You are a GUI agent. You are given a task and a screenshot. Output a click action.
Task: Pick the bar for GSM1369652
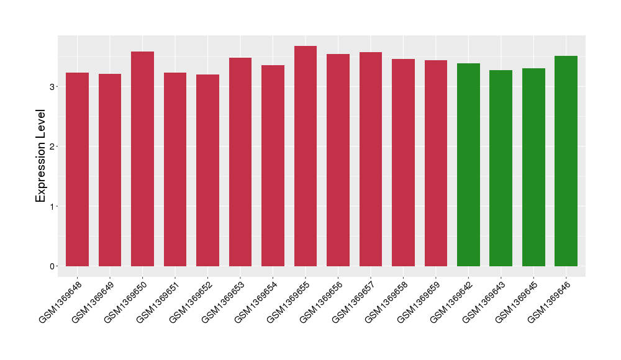207,170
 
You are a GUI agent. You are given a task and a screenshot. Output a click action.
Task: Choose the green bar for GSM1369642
468,164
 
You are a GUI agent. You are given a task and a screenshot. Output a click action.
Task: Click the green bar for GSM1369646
566,161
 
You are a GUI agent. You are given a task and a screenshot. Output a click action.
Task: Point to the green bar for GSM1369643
501,168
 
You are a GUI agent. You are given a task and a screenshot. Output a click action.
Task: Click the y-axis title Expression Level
41,156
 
